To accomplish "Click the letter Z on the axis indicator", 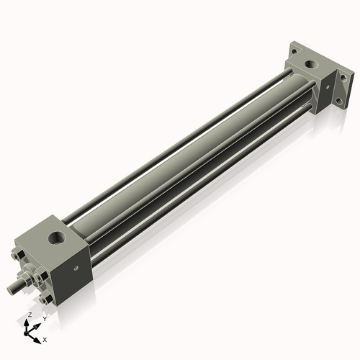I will click(30, 315).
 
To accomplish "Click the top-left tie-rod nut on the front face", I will click(18, 253).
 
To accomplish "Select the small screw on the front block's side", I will click(76, 269).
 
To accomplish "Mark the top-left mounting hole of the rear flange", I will click(294, 51).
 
